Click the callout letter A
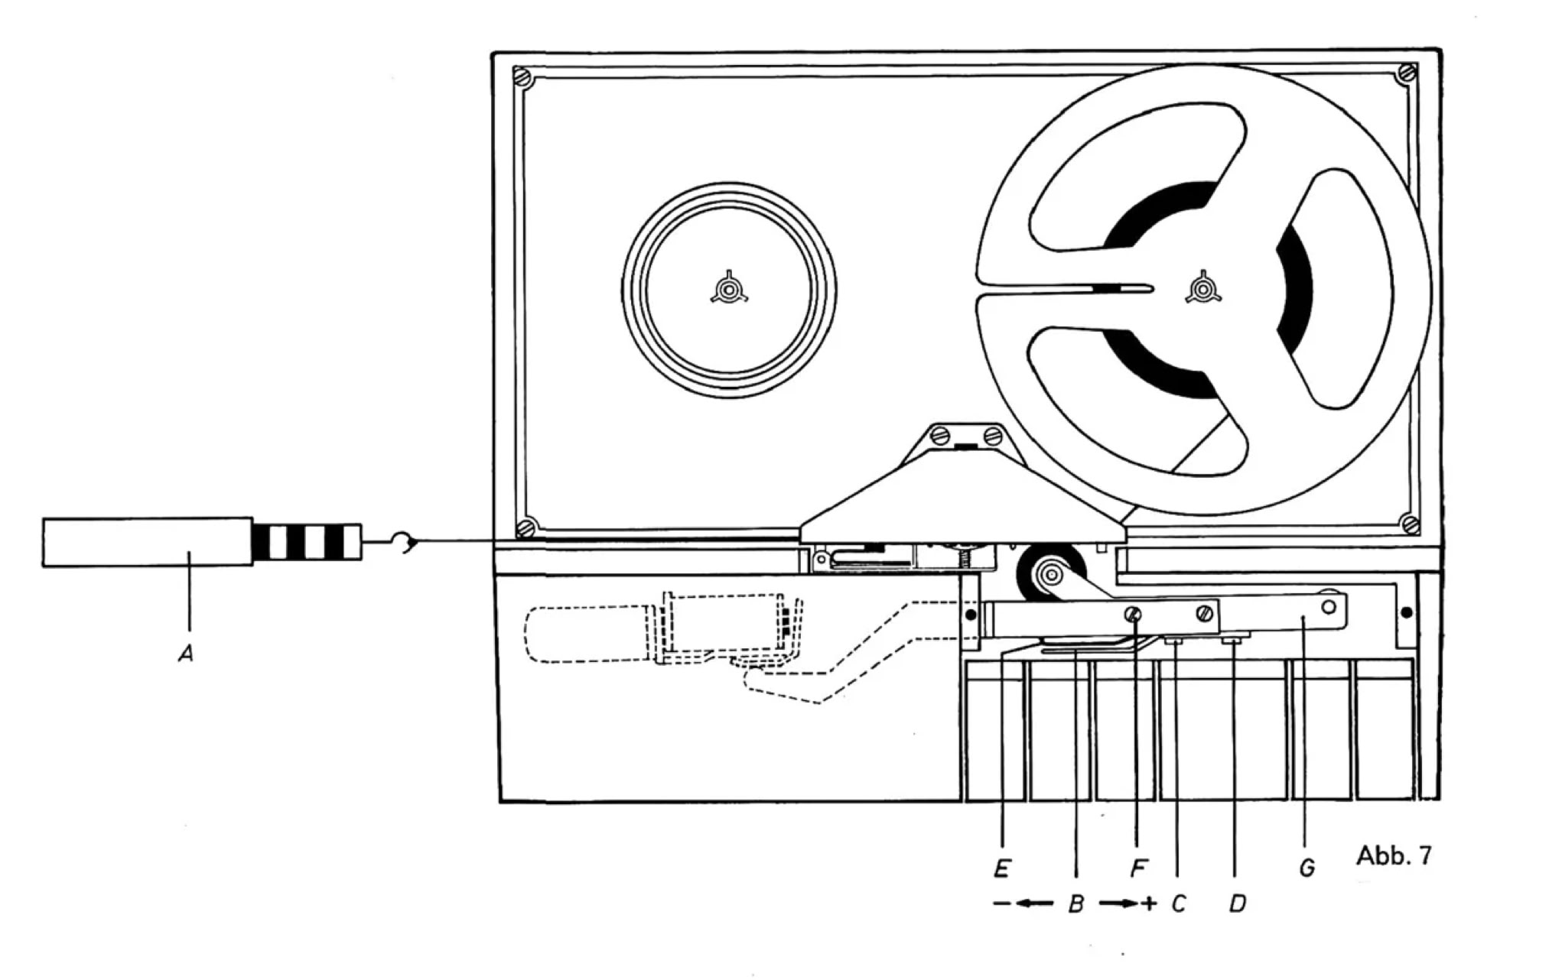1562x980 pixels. (x=185, y=654)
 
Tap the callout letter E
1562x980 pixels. (x=1002, y=868)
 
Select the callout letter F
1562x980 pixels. (x=1138, y=868)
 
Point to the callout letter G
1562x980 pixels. (x=1307, y=868)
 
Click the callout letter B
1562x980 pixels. (x=1076, y=905)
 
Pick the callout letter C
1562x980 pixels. (x=1178, y=904)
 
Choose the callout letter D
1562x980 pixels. (x=1237, y=904)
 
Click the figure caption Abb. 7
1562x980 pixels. (x=1393, y=855)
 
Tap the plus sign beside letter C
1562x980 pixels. (x=1149, y=904)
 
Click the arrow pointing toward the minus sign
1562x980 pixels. (x=1034, y=904)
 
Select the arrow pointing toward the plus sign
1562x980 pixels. (x=1118, y=904)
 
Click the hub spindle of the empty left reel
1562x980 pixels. (x=728, y=290)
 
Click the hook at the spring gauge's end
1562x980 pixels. (x=403, y=543)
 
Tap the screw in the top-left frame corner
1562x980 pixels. (x=524, y=76)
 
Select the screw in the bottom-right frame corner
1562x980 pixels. (x=1410, y=524)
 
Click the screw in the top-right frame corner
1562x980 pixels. (x=1406, y=74)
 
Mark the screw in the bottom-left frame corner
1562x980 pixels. (x=525, y=527)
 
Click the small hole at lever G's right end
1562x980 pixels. (x=1328, y=607)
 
